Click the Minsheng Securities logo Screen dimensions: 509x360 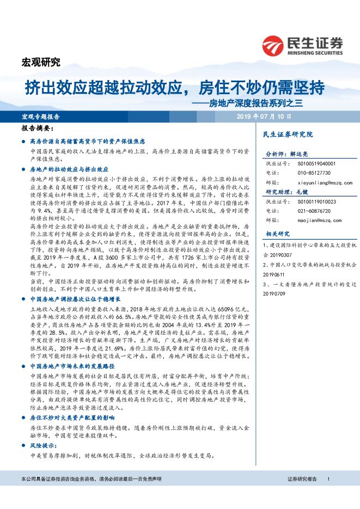[303, 45]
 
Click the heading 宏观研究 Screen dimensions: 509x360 [40, 61]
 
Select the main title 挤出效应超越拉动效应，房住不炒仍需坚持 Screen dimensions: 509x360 [175, 87]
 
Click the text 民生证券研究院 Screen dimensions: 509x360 [288, 134]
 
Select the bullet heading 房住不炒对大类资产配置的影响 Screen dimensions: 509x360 [73, 418]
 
